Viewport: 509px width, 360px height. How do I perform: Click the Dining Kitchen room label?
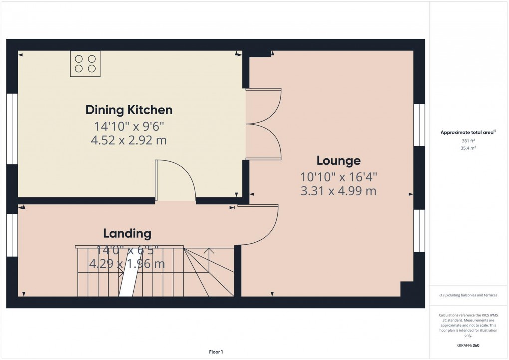(129, 110)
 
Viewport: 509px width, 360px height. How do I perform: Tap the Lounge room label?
(338, 161)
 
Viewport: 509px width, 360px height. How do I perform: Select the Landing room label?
(127, 233)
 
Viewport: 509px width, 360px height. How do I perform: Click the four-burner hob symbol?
(85, 64)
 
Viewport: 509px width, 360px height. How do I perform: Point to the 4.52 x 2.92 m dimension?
(129, 141)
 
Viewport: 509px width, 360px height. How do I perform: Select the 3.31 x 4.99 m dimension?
(338, 191)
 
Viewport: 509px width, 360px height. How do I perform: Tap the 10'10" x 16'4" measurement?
(338, 177)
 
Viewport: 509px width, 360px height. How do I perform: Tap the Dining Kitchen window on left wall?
(12, 129)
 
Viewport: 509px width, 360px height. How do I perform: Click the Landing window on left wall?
(12, 235)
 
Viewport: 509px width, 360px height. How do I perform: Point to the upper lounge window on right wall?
(419, 125)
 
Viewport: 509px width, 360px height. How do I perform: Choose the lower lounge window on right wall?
(419, 231)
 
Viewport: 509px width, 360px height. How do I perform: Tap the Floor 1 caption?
(216, 352)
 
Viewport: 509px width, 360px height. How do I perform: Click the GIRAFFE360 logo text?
(469, 345)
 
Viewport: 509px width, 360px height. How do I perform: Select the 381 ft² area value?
(468, 141)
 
